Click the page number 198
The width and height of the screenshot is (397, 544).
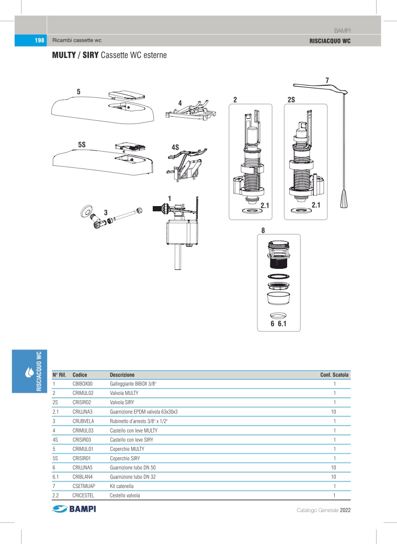tap(39, 41)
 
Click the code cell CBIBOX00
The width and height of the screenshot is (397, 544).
tap(82, 384)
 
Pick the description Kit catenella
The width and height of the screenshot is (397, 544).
tap(122, 486)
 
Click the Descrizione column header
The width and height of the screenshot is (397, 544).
tap(122, 375)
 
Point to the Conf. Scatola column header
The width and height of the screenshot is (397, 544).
tap(334, 375)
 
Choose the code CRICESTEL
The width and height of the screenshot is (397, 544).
tap(84, 495)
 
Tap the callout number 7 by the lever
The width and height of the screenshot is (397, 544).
tap(327, 80)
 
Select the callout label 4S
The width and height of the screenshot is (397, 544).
tap(175, 148)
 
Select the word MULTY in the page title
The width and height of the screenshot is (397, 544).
tap(63, 54)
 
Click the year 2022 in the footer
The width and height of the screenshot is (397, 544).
tap(345, 510)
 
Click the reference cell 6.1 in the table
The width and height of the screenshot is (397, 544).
tap(56, 477)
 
